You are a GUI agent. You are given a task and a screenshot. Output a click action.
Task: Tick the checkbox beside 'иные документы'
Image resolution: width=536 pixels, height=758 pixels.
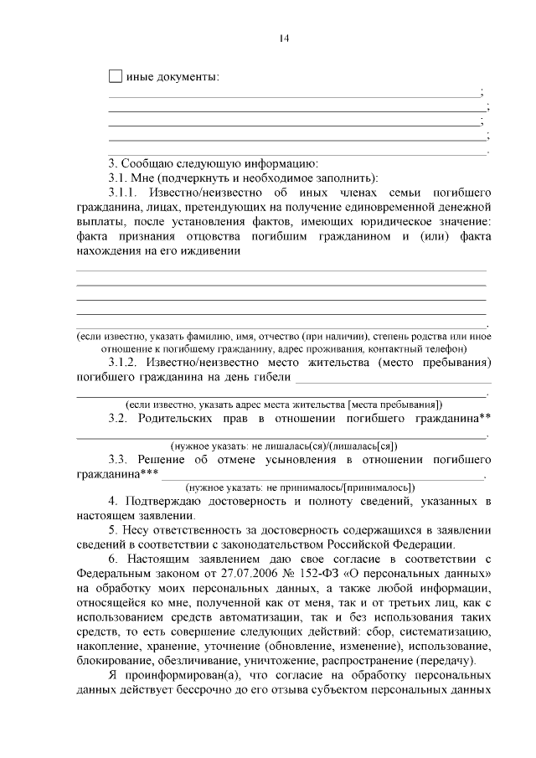(x=116, y=77)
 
